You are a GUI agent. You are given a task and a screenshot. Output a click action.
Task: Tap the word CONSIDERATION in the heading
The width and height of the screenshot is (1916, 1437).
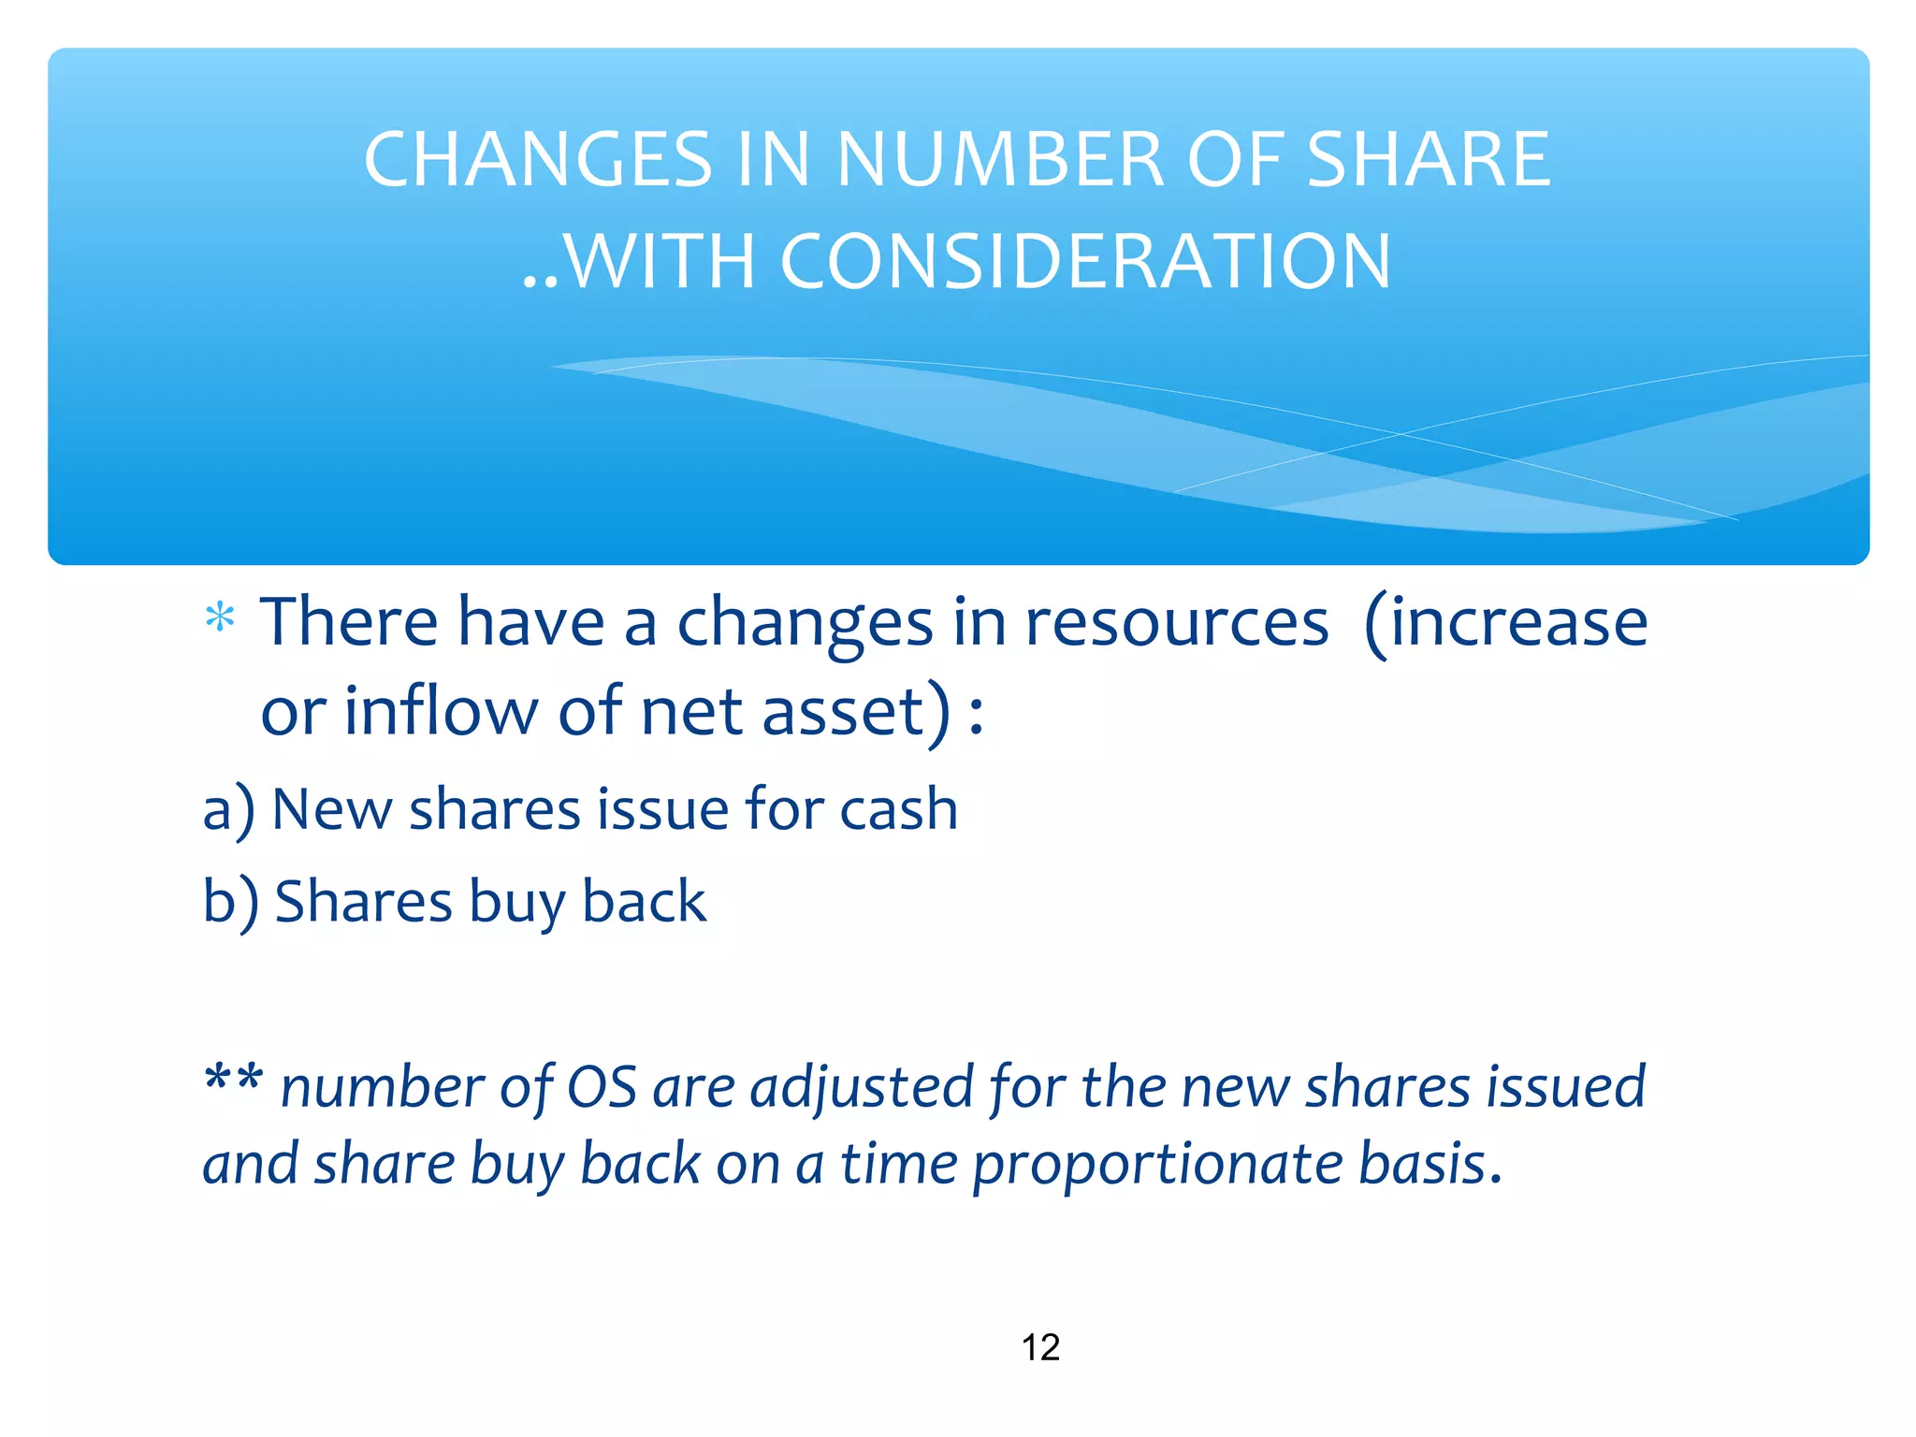click(x=1085, y=261)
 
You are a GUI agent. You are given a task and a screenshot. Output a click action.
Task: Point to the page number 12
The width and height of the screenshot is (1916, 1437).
click(x=1040, y=1347)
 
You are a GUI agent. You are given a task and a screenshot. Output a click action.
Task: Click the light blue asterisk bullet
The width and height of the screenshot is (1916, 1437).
click(x=221, y=618)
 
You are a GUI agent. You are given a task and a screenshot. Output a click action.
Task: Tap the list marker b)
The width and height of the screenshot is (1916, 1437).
click(x=230, y=902)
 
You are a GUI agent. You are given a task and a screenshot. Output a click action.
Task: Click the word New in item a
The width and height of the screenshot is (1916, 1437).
click(x=331, y=808)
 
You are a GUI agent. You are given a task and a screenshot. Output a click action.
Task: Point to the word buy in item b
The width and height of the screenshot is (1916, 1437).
click(x=515, y=904)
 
